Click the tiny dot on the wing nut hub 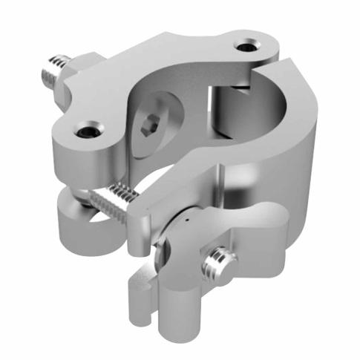coord(189,222)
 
